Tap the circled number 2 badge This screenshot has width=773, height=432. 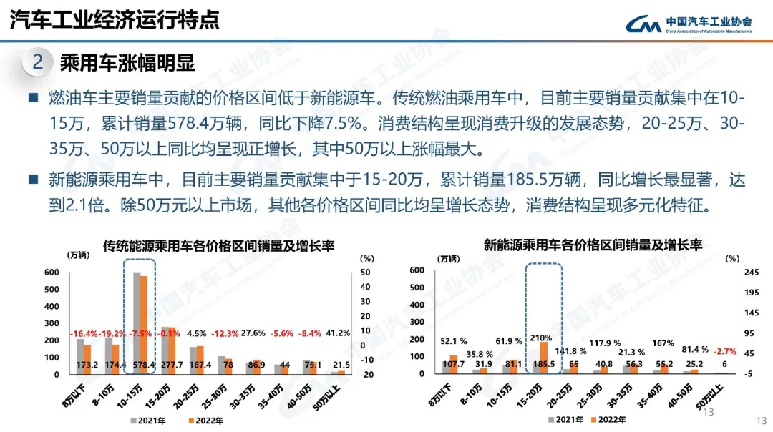38,62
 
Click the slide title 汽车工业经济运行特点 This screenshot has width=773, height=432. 115,19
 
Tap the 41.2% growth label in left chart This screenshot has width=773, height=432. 338,333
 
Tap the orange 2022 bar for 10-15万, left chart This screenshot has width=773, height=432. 144,322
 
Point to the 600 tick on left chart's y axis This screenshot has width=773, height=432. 52,272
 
